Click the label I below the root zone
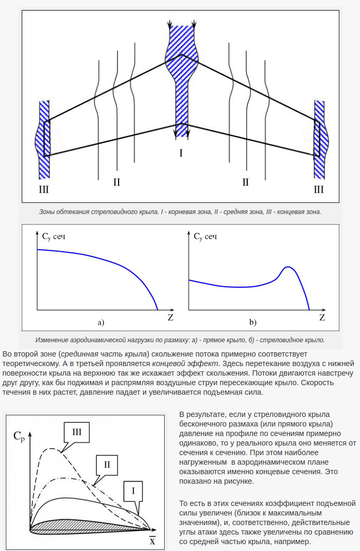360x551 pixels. pyautogui.click(x=181, y=154)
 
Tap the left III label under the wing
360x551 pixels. pyautogui.click(x=44, y=189)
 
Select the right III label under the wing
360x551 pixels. pyautogui.click(x=319, y=189)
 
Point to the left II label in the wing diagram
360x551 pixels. pyautogui.click(x=116, y=182)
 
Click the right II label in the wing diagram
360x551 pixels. pyautogui.click(x=245, y=182)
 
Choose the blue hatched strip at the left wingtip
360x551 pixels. pyautogui.click(x=43, y=139)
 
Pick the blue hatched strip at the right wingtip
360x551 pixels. pyautogui.click(x=320, y=139)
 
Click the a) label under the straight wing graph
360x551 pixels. pyautogui.click(x=101, y=322)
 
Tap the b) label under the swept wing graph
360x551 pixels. pyautogui.click(x=253, y=322)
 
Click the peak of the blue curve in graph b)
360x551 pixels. pyautogui.click(x=287, y=267)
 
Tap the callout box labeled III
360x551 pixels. pyautogui.click(x=77, y=432)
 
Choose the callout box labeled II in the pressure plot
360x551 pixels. pyautogui.click(x=106, y=465)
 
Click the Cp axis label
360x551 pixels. pyautogui.click(x=19, y=437)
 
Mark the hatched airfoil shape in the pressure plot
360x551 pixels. pyautogui.click(x=85, y=526)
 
